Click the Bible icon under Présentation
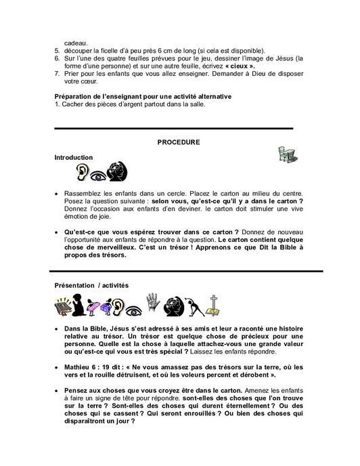(64, 308)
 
